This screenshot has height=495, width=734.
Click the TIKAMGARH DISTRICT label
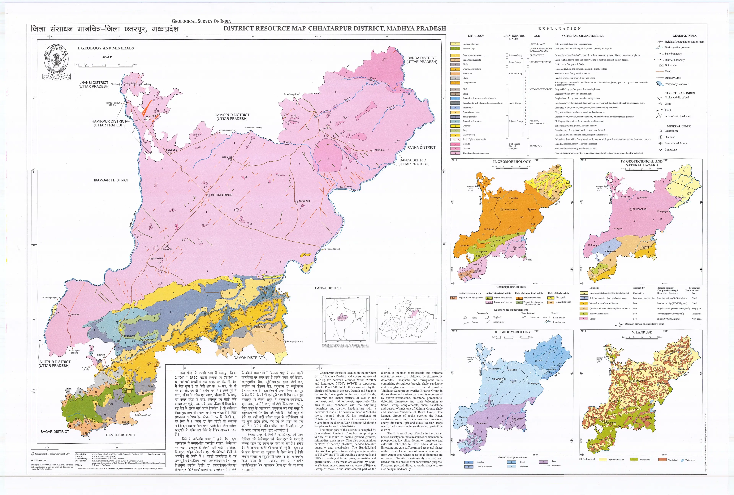(x=110, y=180)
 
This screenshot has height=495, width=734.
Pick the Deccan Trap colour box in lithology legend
(x=455, y=49)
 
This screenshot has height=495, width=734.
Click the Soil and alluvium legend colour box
(x=455, y=44)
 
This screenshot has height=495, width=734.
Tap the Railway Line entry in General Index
(x=673, y=78)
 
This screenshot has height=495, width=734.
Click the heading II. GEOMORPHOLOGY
(x=512, y=162)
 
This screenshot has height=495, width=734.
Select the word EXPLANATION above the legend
(x=560, y=29)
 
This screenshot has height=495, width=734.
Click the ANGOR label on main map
(x=168, y=249)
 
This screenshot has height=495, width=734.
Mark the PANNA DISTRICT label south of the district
(x=329, y=288)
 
